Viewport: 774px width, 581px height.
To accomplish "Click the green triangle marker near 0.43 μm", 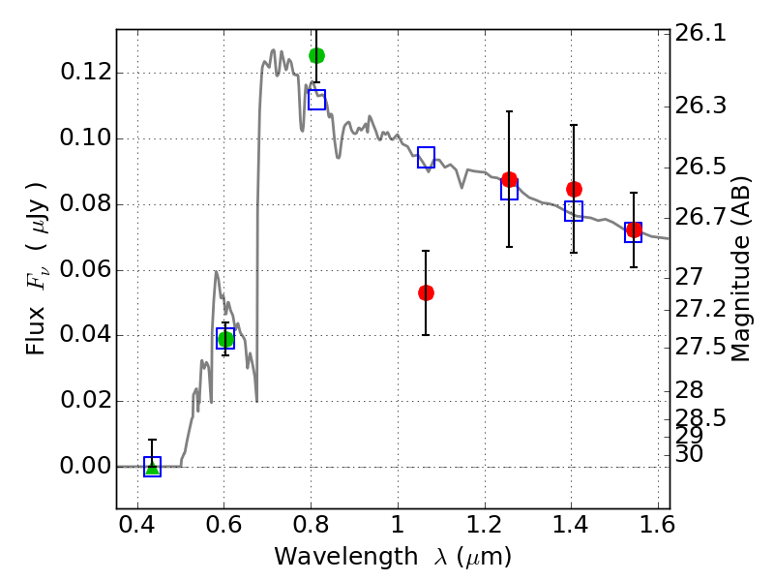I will tap(152, 468).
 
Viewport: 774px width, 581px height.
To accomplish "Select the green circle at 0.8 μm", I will tap(316, 55).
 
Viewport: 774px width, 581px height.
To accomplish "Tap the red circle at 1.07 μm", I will tap(426, 292).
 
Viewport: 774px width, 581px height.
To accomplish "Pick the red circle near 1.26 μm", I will tap(509, 179).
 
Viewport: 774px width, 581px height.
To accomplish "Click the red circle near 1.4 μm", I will tap(574, 189).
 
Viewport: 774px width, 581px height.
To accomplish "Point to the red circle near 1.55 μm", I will tap(634, 230).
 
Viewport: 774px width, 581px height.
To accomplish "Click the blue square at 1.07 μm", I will tap(426, 158).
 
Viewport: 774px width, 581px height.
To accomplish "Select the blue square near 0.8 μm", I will tap(316, 100).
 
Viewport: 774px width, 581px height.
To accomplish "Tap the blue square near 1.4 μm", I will tap(574, 211).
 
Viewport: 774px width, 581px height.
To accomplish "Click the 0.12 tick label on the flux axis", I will tap(84, 74).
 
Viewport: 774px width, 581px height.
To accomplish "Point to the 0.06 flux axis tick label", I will tap(84, 270).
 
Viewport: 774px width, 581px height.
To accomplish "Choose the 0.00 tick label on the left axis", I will tap(84, 467).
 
